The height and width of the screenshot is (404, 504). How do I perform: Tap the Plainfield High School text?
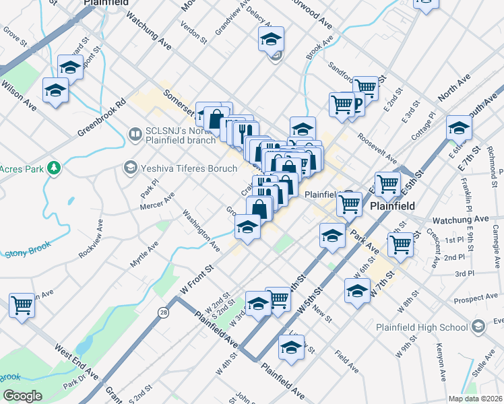[x=422, y=328]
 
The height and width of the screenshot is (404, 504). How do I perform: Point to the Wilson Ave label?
[x=19, y=96]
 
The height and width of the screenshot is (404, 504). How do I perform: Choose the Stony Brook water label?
[x=28, y=252]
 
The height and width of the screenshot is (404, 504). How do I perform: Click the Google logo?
[x=22, y=396]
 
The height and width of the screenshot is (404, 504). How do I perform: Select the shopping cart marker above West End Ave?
[x=22, y=305]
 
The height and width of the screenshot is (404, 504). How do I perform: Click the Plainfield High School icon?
[x=478, y=327]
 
